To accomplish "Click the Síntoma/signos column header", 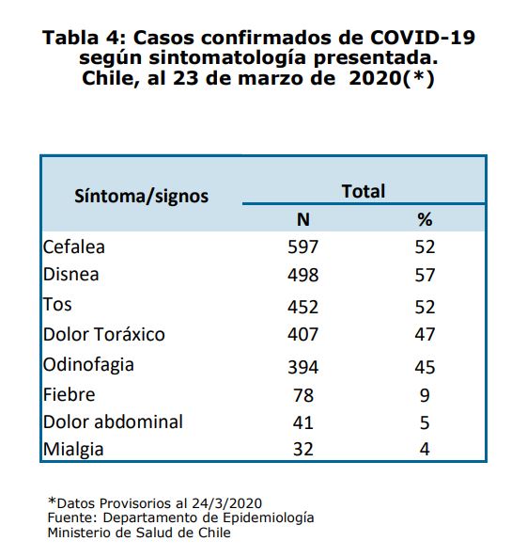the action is (141, 196).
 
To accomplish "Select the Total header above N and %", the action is (364, 191).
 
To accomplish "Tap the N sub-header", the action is (303, 219).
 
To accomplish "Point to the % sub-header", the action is (425, 219).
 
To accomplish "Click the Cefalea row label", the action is (74, 247).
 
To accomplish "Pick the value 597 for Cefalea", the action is (302, 247).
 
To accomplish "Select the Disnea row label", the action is (71, 274).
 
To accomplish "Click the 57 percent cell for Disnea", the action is (425, 276).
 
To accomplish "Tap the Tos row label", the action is (57, 305).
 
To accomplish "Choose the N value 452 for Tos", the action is (302, 307).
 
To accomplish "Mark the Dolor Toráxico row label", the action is (104, 334).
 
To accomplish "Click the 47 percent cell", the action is (425, 334).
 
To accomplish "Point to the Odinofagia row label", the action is (88, 365).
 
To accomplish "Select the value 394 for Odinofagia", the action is (302, 367).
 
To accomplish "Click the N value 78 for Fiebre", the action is (303, 395).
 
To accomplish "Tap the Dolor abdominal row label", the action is (113, 422).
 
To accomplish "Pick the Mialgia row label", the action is (73, 450).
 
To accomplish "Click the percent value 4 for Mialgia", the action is (425, 450).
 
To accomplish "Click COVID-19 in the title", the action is (422, 38).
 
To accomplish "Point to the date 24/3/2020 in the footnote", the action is (227, 503).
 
